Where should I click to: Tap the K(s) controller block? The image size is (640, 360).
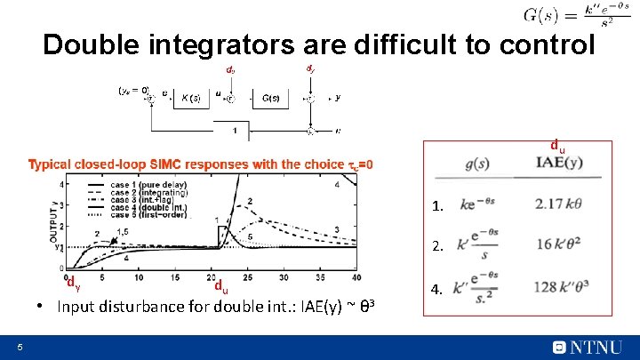click(x=190, y=98)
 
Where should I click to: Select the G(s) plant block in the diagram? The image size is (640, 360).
click(x=271, y=98)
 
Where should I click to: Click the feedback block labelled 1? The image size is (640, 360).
click(x=235, y=131)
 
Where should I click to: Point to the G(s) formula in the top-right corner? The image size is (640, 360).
click(x=579, y=15)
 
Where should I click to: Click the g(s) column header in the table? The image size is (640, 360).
click(x=477, y=163)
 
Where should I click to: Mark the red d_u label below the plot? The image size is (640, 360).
click(x=220, y=287)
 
